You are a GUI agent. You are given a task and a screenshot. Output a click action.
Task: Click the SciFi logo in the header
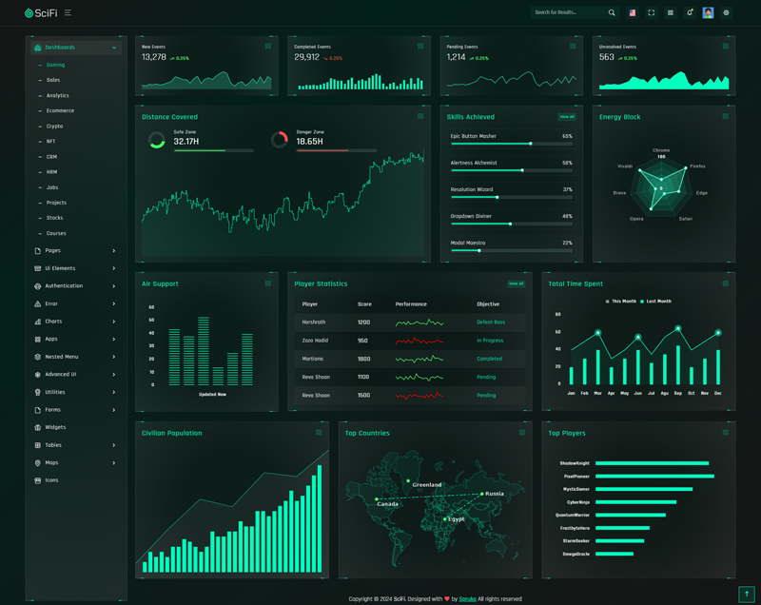click(40, 12)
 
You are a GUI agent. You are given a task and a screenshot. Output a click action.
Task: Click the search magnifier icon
click(612, 12)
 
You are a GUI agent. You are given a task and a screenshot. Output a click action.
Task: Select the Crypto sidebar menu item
click(54, 126)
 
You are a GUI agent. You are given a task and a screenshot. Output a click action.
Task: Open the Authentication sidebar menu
click(64, 285)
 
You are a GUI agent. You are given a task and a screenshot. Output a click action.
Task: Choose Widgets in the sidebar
click(55, 427)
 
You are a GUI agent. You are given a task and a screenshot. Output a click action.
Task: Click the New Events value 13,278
click(154, 57)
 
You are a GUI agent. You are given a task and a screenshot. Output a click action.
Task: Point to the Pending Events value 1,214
click(457, 57)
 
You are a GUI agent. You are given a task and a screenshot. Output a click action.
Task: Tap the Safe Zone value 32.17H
click(186, 142)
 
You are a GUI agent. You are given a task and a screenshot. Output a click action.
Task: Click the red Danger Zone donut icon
click(279, 140)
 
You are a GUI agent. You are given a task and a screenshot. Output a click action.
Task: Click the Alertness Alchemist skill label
click(474, 163)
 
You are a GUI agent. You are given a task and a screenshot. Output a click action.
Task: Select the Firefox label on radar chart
click(697, 166)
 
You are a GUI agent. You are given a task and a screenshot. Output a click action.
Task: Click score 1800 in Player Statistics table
click(363, 359)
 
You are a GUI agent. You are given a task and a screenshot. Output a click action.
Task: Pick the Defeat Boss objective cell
click(491, 322)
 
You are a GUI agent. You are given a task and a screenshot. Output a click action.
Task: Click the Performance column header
click(411, 304)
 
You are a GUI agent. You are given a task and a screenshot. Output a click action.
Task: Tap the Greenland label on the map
click(426, 485)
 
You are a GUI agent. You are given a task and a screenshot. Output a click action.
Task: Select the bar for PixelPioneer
click(654, 476)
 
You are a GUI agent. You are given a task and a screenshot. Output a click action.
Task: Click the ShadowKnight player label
click(576, 463)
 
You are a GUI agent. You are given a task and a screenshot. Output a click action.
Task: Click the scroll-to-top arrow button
click(746, 594)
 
